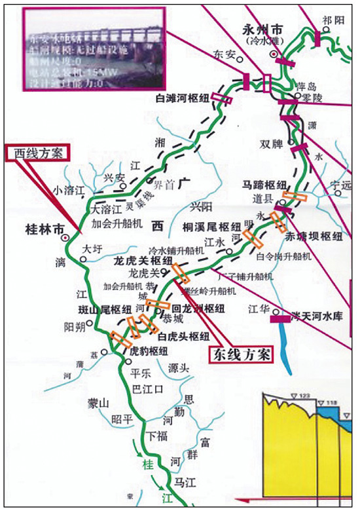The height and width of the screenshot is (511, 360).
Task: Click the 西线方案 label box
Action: pyautogui.click(x=37, y=153)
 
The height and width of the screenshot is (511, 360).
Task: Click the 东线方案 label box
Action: pyautogui.click(x=239, y=354)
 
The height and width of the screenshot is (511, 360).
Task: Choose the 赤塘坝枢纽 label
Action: pyautogui.click(x=319, y=236)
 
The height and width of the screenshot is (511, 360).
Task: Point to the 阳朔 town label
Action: pyautogui.click(x=74, y=327)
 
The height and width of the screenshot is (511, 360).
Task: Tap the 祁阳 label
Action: pyautogui.click(x=333, y=20)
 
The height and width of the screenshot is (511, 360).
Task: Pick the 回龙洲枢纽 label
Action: pyautogui.click(x=197, y=307)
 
